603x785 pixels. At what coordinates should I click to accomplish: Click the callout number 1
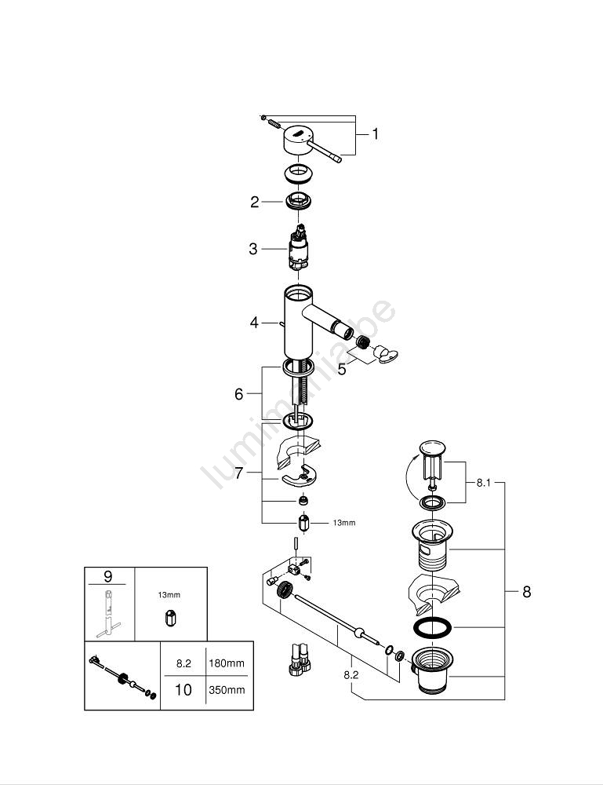(375, 134)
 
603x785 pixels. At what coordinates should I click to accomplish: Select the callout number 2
(254, 202)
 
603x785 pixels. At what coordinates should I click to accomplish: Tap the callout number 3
(253, 249)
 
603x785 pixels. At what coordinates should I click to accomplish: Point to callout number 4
(254, 322)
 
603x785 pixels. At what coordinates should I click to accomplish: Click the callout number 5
(342, 368)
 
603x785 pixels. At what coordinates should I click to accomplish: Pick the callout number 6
(239, 394)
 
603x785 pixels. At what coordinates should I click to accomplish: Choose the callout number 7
(239, 473)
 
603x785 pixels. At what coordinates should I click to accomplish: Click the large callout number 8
(526, 592)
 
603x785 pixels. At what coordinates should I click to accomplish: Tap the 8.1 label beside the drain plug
(483, 484)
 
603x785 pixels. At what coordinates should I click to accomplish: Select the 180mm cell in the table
(226, 663)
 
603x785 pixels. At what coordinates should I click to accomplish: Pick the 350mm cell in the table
(226, 690)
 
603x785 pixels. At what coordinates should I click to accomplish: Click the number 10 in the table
(183, 690)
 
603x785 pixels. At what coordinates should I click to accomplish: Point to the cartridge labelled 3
(298, 249)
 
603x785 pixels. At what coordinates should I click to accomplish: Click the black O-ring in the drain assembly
(430, 628)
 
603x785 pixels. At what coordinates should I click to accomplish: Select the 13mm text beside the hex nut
(344, 523)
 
